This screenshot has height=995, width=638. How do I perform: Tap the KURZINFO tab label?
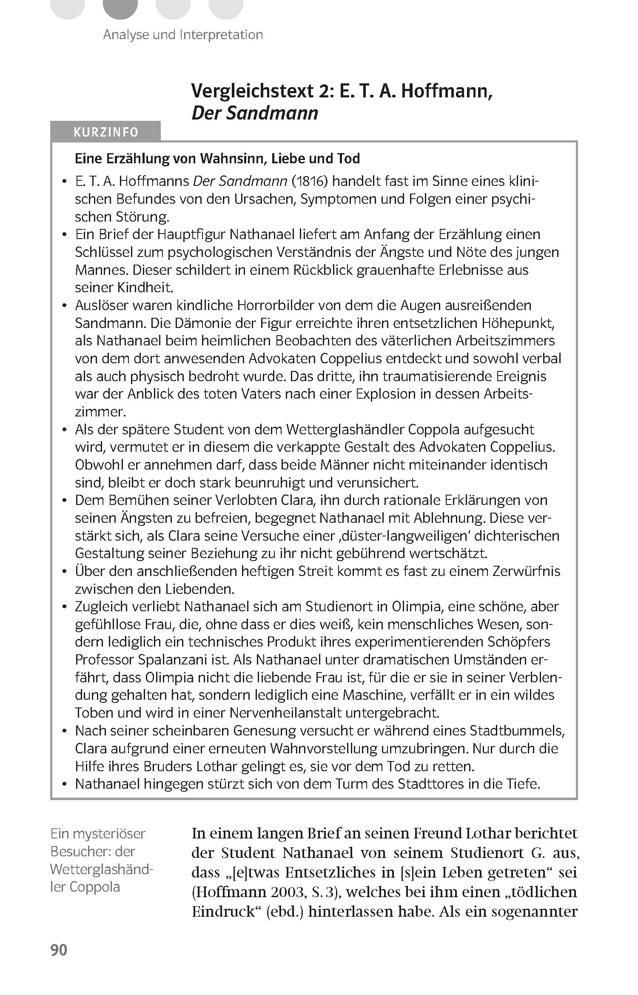click(106, 132)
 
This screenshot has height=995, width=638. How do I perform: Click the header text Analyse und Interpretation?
click(183, 34)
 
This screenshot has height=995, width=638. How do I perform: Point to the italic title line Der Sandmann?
click(255, 113)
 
